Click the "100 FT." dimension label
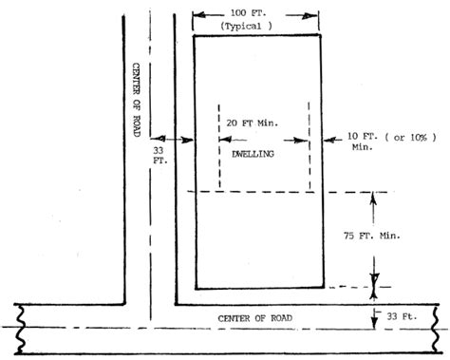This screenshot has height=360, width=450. (248, 13)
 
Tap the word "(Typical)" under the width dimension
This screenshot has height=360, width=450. (246, 26)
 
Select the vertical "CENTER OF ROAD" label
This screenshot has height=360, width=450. (136, 100)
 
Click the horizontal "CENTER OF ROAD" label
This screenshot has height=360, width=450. (254, 318)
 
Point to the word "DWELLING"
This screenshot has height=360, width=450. (253, 154)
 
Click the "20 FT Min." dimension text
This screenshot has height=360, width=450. (253, 123)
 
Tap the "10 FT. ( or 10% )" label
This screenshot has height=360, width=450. (392, 137)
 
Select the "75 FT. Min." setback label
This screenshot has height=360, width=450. (372, 236)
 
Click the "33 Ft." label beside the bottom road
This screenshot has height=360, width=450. (402, 316)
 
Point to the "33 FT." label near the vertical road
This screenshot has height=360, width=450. (160, 155)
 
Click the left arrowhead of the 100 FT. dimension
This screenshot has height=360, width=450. (199, 15)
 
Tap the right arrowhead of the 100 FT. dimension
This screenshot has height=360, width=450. (310, 16)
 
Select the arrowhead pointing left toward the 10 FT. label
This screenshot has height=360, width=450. (329, 140)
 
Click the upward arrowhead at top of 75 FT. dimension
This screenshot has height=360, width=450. (373, 199)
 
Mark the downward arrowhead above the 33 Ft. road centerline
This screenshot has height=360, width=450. (374, 323)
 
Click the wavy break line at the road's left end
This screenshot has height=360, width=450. (20, 329)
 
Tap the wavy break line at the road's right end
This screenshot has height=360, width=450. (437, 329)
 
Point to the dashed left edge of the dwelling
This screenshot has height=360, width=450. (219, 147)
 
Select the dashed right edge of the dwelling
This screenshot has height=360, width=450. (309, 146)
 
